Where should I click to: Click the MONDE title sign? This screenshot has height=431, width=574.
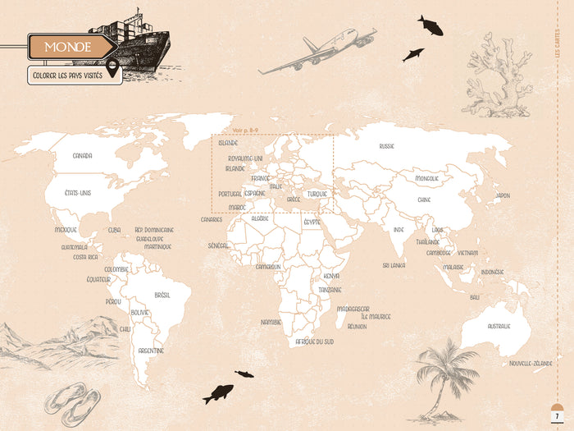69,47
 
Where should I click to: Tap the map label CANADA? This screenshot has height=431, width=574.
82,155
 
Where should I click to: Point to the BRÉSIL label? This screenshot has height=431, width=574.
162,295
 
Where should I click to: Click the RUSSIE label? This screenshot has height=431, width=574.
387,146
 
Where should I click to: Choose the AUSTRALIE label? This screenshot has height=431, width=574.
499,326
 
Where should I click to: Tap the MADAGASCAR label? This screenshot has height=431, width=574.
353,309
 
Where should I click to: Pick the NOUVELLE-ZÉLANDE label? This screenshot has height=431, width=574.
531,363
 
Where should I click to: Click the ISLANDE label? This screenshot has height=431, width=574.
228,143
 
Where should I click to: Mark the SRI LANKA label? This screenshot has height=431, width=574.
394,265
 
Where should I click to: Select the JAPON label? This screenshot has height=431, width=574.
502,195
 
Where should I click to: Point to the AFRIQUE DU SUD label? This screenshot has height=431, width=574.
315,341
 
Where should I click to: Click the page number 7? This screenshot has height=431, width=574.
557,419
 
